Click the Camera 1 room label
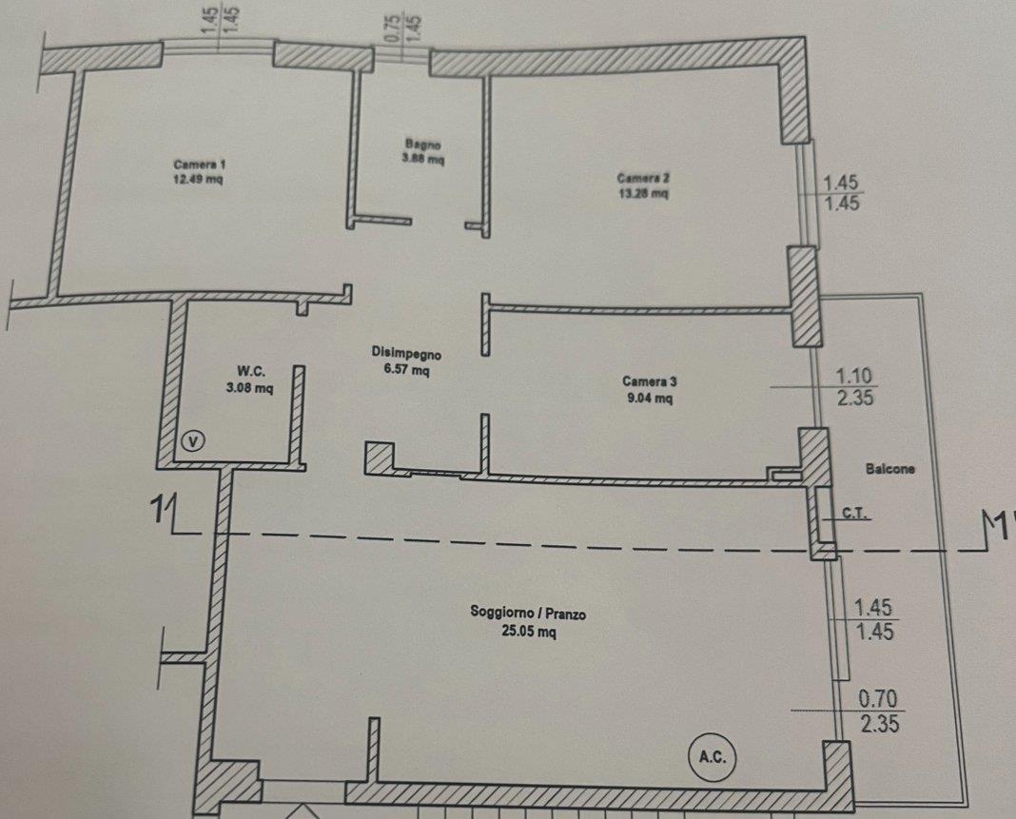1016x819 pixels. pyautogui.click(x=200, y=164)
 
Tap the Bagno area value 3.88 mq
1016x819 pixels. pyautogui.click(x=423, y=158)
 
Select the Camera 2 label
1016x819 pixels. pyautogui.click(x=643, y=178)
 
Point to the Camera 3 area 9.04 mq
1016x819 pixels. pyautogui.click(x=649, y=398)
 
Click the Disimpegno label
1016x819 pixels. pyautogui.click(x=406, y=353)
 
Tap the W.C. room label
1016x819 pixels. pyautogui.click(x=250, y=371)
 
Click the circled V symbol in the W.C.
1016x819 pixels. pyautogui.click(x=193, y=441)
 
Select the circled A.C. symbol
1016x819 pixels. pyautogui.click(x=713, y=756)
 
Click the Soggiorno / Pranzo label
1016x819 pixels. pyautogui.click(x=528, y=613)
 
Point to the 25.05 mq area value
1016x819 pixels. pyautogui.click(x=528, y=631)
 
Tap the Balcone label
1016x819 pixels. pyautogui.click(x=890, y=468)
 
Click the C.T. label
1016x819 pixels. pyautogui.click(x=854, y=513)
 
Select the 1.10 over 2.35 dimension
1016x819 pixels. pyautogui.click(x=854, y=386)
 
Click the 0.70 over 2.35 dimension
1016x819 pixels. pyautogui.click(x=879, y=711)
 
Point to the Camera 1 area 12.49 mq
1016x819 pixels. pyautogui.click(x=198, y=180)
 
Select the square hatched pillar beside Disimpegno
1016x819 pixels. pyautogui.click(x=379, y=458)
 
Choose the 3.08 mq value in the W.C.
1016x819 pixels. pyautogui.click(x=250, y=388)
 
